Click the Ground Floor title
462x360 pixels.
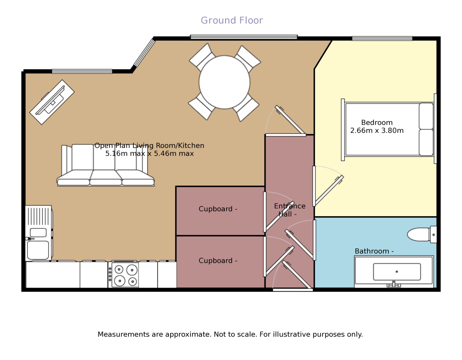click(231, 20)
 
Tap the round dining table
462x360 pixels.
click(224, 82)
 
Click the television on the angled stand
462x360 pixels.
click(52, 101)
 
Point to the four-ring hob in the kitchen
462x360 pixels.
click(125, 275)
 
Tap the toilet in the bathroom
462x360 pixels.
click(421, 234)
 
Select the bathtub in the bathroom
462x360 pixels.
click(394, 271)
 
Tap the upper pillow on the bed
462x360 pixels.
click(426, 116)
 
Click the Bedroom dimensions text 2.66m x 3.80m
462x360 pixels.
click(377, 131)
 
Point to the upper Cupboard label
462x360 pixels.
click(218, 209)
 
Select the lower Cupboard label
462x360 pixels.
click(218, 261)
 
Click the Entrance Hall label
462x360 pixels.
click(290, 210)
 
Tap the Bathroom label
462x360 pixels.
click(374, 251)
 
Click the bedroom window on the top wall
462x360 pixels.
click(382, 39)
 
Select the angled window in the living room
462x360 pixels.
click(144, 53)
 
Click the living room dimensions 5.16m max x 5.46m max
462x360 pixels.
click(149, 153)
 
